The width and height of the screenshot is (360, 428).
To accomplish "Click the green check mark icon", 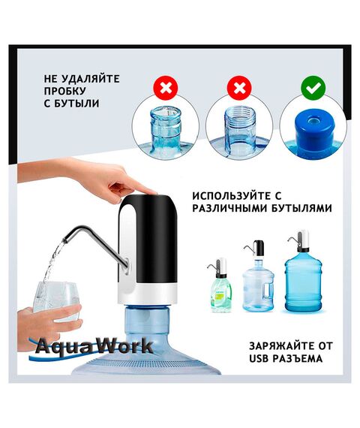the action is coord(313,88).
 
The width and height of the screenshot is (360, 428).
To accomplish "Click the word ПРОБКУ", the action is coord(65,91).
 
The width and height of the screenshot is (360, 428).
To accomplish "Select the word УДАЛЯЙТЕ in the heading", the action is coord(90,79).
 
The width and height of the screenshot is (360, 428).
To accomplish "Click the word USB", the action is coord(259,359).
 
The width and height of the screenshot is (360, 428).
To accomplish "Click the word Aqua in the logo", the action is coord(63,347).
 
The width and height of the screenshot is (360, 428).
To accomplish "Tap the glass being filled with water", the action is coord(56,301).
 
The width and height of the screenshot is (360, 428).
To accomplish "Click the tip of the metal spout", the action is coord(65,241).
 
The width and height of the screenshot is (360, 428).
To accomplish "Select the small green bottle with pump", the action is coord(220,285).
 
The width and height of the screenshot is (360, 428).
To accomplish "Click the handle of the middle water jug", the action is coord(268,291).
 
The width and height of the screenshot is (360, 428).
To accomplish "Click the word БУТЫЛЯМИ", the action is coord(302,209).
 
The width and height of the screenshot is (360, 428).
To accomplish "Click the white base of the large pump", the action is coord(148,294).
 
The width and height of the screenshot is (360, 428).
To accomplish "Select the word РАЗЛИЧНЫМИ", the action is coord(230,209).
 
